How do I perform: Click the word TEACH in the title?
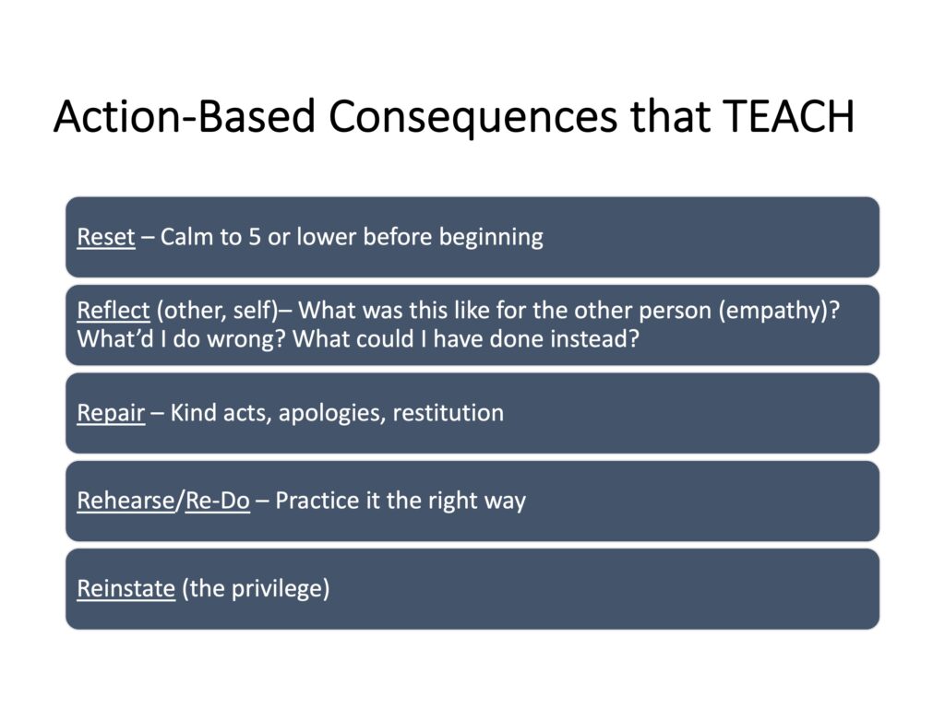point(789,115)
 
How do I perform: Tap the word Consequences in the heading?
point(473,116)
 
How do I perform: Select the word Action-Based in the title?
point(185,115)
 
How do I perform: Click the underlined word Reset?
point(106,237)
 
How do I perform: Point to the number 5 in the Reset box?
point(255,237)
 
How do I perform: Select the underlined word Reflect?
point(114,310)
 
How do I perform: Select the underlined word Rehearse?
point(126,501)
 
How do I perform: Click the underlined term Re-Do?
point(218,501)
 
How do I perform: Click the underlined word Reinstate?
point(126,588)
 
